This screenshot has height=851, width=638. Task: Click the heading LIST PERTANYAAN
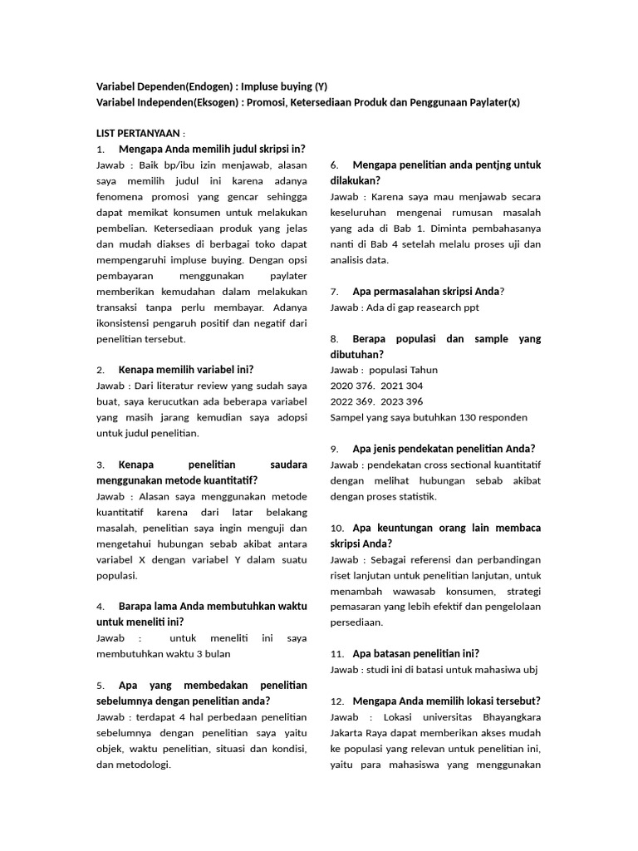(140, 134)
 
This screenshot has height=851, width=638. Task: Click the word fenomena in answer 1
(120, 197)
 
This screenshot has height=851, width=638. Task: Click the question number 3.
(100, 465)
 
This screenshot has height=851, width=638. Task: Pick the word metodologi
(141, 765)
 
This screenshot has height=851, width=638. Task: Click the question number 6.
(334, 165)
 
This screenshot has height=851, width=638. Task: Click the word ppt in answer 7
(470, 307)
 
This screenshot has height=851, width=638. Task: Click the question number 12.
(336, 701)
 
